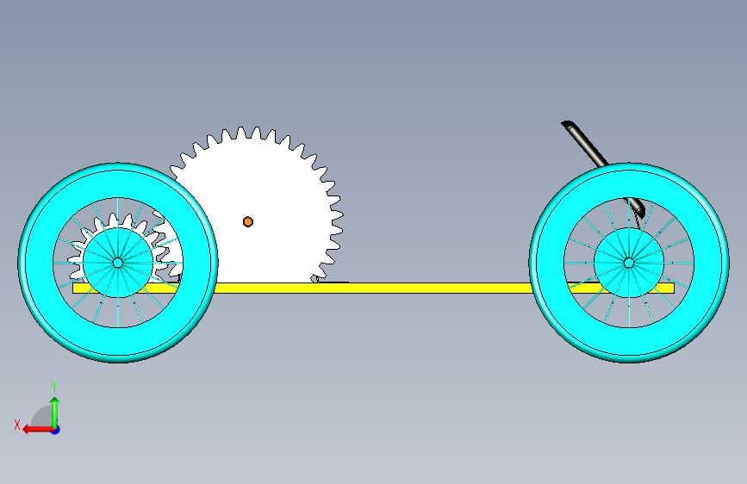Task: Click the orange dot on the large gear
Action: click(x=248, y=221)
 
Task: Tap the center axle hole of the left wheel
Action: click(x=117, y=262)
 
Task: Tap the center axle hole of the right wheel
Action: click(x=629, y=262)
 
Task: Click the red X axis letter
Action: click(x=16, y=424)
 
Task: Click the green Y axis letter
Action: click(x=54, y=387)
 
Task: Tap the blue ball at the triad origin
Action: click(x=55, y=429)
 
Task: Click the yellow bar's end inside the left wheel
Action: click(x=78, y=289)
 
